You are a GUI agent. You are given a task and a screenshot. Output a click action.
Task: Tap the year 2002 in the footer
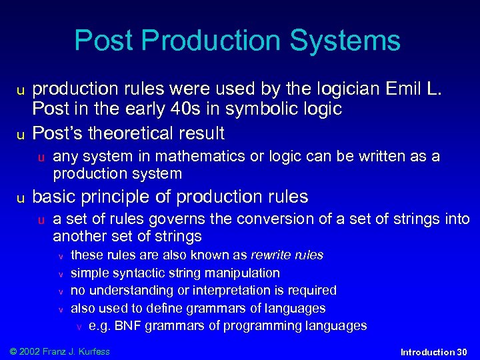point(30,351)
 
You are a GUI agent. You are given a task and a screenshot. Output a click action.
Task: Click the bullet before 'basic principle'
point(21,198)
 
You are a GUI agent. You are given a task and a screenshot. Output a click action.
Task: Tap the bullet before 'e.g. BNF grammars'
point(79,327)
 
